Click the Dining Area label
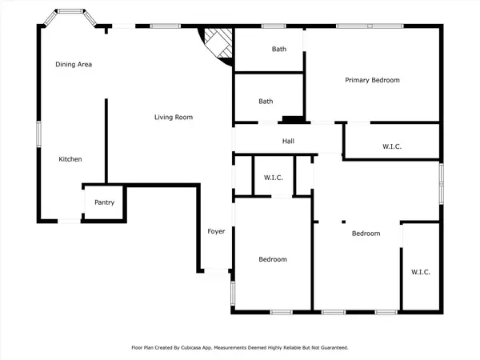(73, 64)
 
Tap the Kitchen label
(70, 159)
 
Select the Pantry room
(105, 202)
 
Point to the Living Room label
(174, 118)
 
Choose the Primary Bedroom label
(372, 80)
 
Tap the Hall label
(289, 142)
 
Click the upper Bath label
(278, 50)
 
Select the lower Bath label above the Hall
(266, 102)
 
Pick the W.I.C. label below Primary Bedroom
(392, 146)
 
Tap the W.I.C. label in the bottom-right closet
(421, 272)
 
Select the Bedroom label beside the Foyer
(272, 259)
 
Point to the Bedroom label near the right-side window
(366, 234)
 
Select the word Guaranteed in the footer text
(333, 348)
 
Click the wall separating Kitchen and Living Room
(106, 140)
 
